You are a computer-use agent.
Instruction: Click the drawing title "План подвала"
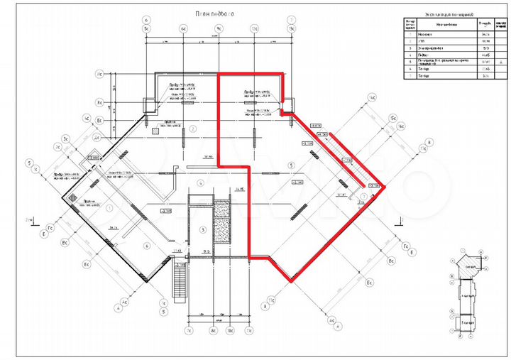(x=216, y=13)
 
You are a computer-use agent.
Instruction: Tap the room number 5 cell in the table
(x=410, y=61)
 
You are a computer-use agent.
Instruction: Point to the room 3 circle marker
(x=203, y=229)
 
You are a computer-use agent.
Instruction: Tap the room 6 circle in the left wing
(x=146, y=246)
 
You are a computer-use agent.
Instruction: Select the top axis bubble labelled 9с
(x=219, y=29)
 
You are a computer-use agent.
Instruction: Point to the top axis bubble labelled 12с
(x=253, y=29)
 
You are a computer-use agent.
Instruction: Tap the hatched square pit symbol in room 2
(x=155, y=131)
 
